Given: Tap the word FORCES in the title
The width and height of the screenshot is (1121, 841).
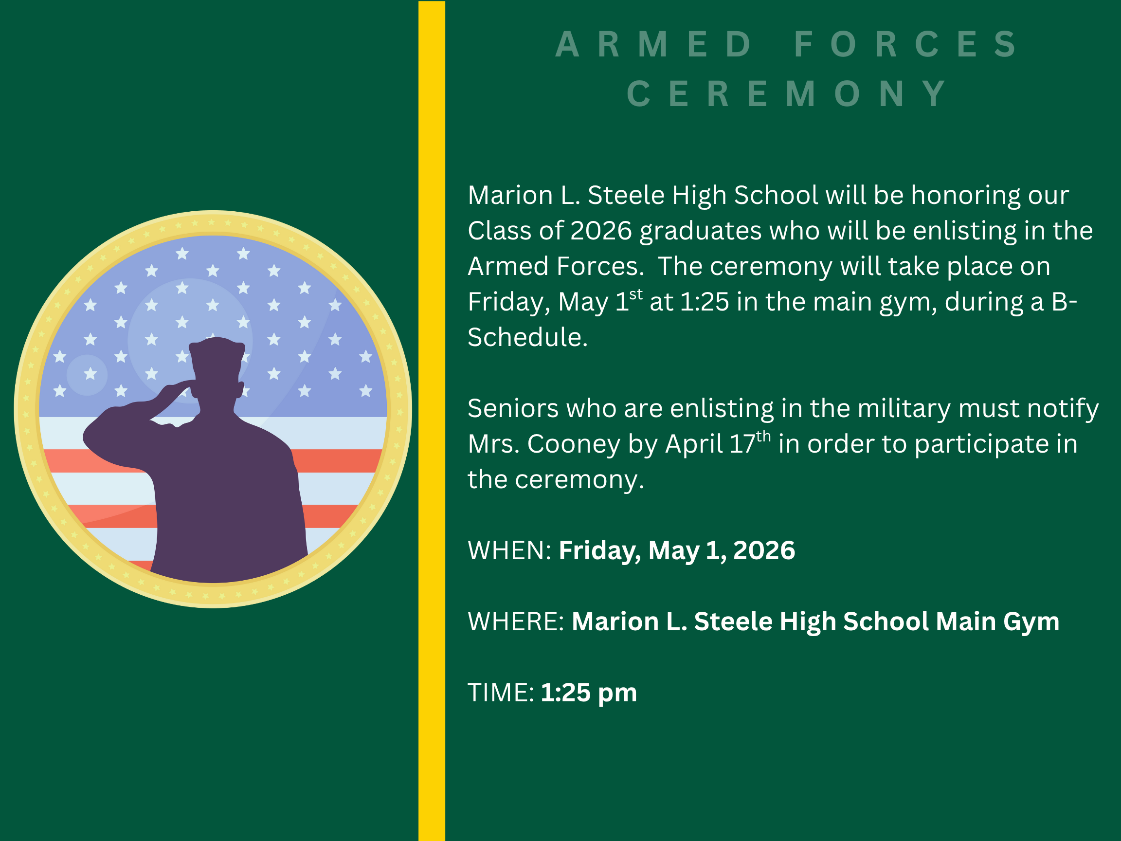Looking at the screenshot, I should pos(905,45).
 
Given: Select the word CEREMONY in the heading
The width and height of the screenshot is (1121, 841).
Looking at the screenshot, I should pos(787,94).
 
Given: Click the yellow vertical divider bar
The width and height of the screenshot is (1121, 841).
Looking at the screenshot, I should pos(431,421).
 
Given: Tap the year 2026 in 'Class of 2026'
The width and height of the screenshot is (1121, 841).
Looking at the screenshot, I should pos(601,231).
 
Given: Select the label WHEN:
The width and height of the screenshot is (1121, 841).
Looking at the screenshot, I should pos(509,550).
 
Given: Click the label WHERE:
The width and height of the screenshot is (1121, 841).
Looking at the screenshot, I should pos(515,622).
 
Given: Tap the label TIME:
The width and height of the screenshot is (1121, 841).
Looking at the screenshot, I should pos(500,693).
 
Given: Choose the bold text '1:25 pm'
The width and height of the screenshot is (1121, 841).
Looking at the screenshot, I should pos(588,693).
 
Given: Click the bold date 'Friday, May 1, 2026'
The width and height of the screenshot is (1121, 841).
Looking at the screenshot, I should pos(677,550).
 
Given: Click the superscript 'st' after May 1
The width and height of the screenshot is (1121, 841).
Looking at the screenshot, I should pos(635,294).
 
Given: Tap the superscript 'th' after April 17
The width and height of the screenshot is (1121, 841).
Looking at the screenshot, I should pos(763,437).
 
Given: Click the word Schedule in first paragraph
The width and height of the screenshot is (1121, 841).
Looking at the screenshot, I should pos(527,338).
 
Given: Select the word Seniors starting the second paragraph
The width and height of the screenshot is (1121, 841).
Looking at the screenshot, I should pos(508,409).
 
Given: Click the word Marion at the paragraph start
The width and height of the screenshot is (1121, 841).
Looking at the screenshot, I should pos(510,196).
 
